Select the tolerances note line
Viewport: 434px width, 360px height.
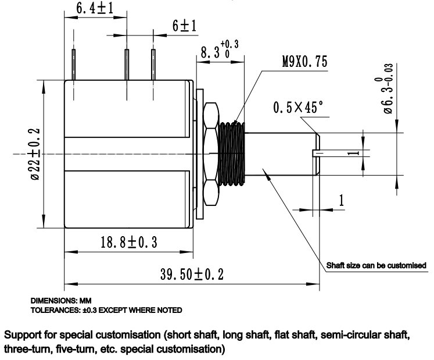point(110,309)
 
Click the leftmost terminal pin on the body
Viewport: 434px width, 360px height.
point(74,64)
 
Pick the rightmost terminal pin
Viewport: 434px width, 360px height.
point(153,64)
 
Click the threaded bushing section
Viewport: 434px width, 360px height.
point(232,154)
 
